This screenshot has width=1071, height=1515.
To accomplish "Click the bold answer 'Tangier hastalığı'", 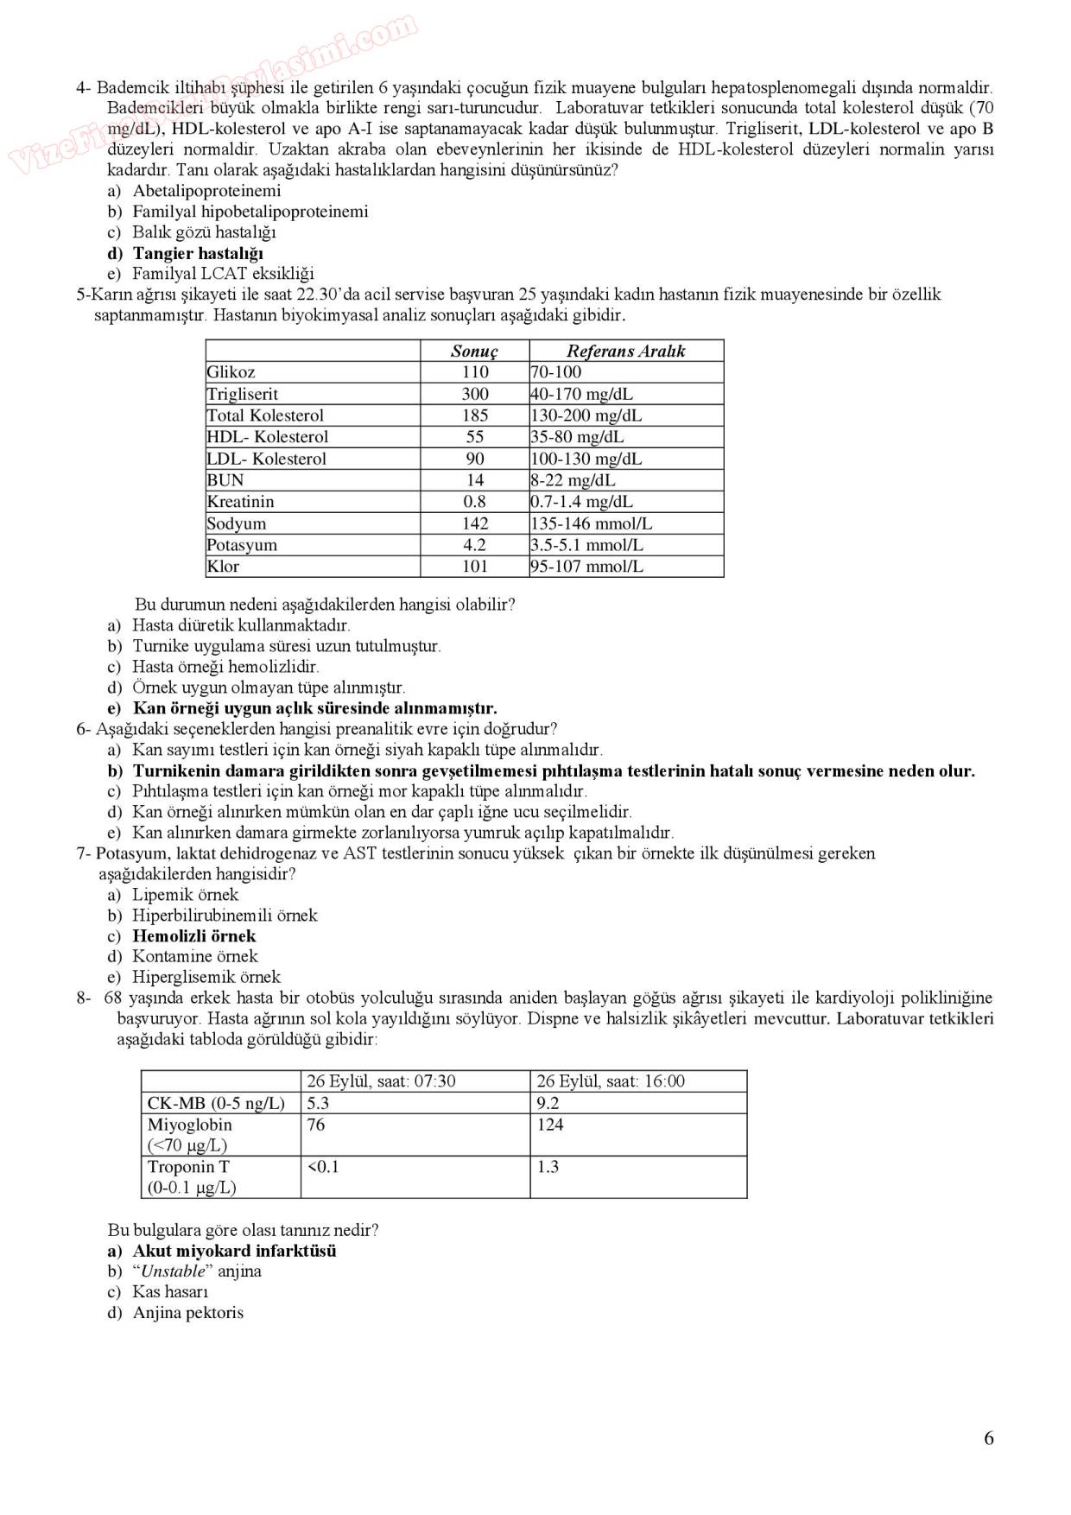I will coord(198,253).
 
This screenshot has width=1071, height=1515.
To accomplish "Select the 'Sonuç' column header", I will coord(474,351).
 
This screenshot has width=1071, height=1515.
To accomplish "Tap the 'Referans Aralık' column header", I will coord(625,351).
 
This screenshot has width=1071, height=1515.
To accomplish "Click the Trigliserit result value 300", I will coord(474,394).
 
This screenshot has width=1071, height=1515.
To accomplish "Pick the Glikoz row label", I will coord(231,372).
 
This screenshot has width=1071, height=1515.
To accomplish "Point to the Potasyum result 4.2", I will coord(474,545).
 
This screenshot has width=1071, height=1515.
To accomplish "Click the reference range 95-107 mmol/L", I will coord(586,567).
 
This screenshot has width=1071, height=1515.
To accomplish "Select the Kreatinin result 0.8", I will coord(474,502).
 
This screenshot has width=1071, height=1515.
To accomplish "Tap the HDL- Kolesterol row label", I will coord(267,437).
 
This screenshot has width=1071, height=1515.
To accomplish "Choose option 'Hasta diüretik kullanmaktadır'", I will coord(241,624).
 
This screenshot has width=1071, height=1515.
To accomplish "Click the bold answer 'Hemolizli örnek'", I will coord(194,935).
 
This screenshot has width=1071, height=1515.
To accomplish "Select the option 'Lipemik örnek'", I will coord(185,894).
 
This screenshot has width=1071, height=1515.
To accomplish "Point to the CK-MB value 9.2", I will coord(548,1103).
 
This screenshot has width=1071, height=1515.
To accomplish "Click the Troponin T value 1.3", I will coord(548,1167).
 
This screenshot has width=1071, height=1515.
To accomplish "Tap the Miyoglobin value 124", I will coord(549,1125).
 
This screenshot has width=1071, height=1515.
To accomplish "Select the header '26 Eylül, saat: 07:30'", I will coord(381,1081).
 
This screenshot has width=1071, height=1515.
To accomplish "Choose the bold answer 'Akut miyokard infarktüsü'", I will coord(234,1251).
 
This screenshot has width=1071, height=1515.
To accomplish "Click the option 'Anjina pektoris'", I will coord(187,1313).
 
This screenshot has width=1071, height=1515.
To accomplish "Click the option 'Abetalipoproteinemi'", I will coord(206,191).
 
